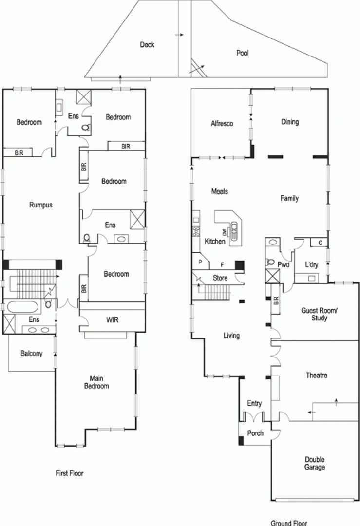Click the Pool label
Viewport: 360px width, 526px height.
[x=242, y=53]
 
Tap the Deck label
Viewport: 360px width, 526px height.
[x=147, y=45]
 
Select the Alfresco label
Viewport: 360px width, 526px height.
[x=222, y=124]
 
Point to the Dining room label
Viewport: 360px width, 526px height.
[x=290, y=122]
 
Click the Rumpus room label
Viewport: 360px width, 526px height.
[x=40, y=205]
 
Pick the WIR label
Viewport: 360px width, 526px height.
[x=112, y=320]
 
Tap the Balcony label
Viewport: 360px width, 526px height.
[x=31, y=354]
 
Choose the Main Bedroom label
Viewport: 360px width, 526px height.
[x=99, y=382]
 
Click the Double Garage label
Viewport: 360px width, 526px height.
[x=315, y=463]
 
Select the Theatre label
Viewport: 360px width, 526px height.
[x=316, y=376]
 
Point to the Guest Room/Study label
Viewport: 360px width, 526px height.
[x=314, y=314]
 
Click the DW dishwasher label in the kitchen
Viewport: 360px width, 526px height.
[x=225, y=232]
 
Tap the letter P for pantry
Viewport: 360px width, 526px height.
[x=200, y=262]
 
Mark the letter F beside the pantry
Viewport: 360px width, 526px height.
[x=223, y=265]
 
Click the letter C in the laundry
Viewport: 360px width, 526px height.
[x=320, y=242]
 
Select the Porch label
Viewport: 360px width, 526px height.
[x=255, y=433]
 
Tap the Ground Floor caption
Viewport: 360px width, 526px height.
[x=289, y=523]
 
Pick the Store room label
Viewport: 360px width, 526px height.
[x=220, y=278]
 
